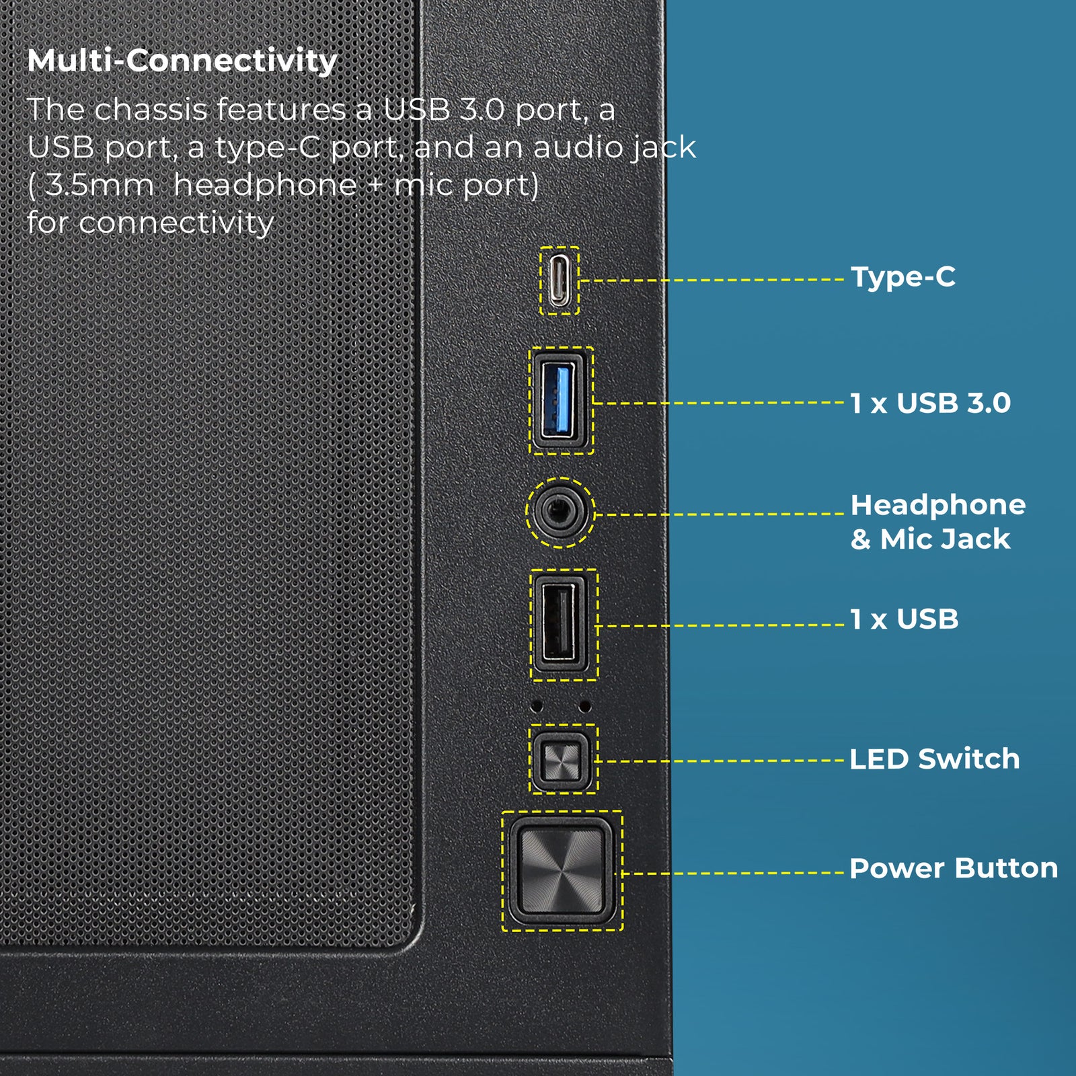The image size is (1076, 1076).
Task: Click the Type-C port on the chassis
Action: (560, 280)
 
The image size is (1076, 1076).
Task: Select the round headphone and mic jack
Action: (560, 512)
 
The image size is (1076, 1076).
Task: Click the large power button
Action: (562, 871)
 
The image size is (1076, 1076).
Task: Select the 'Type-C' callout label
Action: (902, 277)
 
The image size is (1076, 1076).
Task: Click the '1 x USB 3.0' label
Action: (930, 403)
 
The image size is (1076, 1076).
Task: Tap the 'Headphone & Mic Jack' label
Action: (937, 522)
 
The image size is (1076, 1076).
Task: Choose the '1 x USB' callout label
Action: (904, 619)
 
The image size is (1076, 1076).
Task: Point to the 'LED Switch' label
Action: (934, 759)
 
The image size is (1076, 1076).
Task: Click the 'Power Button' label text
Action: (953, 868)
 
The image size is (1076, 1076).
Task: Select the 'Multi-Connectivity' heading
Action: (182, 61)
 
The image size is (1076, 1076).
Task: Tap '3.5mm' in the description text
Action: (100, 185)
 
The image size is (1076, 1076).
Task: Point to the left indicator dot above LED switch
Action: (537, 706)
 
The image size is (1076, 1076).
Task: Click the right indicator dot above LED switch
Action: (585, 706)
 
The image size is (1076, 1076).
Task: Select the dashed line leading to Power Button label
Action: (733, 873)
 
